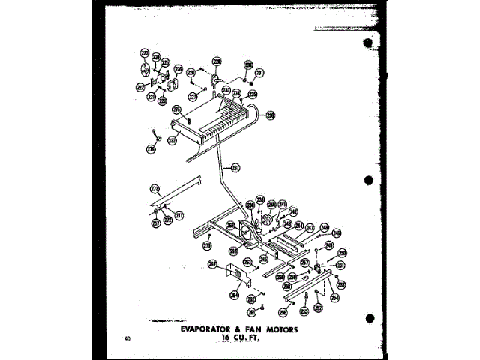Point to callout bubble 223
point(144,53)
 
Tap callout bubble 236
point(271,115)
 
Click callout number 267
point(212,264)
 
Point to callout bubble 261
point(253,312)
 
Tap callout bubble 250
point(342,253)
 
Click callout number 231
point(259,73)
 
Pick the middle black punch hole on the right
point(367,181)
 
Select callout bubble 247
point(309,226)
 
